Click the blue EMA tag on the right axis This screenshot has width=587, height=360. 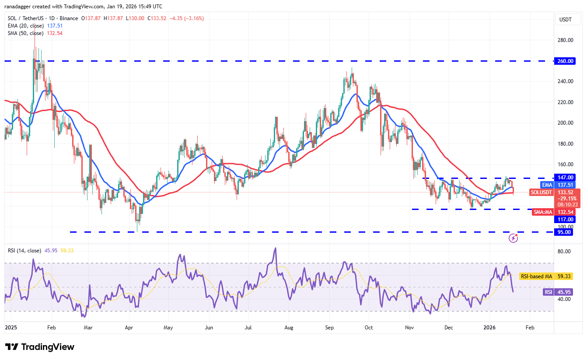click(x=546, y=185)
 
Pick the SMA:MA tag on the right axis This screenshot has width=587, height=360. click(x=543, y=212)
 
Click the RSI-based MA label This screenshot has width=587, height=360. click(x=535, y=276)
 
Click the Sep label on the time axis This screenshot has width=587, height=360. click(x=329, y=327)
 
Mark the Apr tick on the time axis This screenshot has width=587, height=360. click(x=129, y=327)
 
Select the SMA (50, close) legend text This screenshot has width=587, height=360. click(x=26, y=33)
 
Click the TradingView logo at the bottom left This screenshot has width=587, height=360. click(x=40, y=347)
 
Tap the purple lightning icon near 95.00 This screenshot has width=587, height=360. click(x=514, y=238)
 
